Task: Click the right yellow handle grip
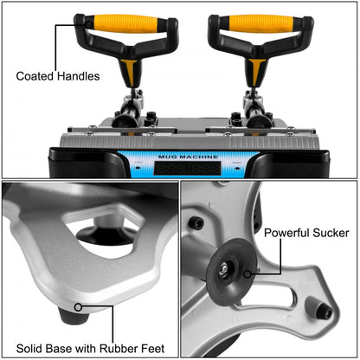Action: point(253,22)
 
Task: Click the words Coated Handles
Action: point(57,76)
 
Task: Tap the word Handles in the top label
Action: point(78,76)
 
